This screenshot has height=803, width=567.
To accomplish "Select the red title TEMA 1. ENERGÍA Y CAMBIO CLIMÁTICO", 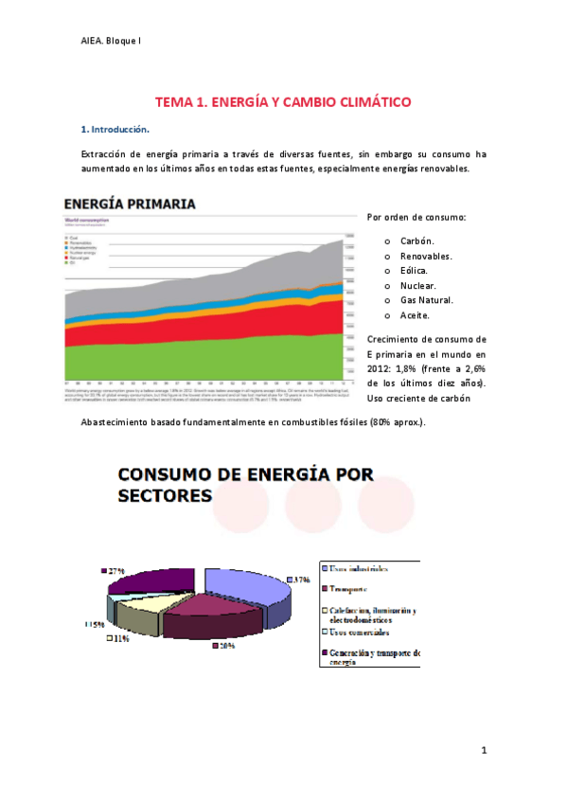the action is point(283,101).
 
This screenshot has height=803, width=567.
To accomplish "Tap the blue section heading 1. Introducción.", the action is point(115,128).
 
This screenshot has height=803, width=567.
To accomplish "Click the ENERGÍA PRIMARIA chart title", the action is point(131,204).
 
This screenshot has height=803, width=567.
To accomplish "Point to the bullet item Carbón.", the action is point(416,241).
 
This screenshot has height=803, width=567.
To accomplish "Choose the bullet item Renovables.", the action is point(425,256).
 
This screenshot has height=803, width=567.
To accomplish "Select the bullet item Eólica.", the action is point(414,271).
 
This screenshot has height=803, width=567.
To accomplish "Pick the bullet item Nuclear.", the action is point(417,285).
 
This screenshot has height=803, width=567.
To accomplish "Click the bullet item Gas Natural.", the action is point(426,300).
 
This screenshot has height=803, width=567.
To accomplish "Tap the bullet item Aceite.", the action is point(415,315).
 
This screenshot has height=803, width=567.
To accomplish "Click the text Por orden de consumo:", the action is point(416,218).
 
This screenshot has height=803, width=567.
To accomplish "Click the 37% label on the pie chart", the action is point(301,579).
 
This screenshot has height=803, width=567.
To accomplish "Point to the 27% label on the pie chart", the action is point(115,572).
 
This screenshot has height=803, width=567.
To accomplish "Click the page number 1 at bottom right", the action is point(483,751).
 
